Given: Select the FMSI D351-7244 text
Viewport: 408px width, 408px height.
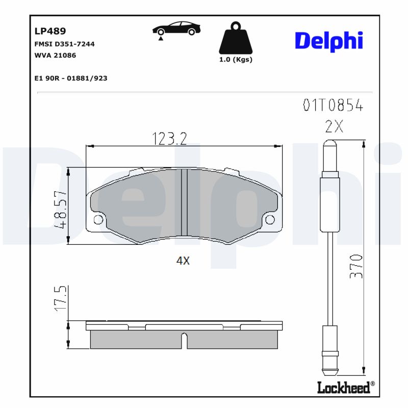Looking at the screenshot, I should click(64, 44).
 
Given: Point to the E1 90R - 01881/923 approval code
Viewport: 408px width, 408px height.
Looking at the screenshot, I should click(70, 78).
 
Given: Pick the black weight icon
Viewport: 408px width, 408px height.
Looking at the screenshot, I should click(235, 38).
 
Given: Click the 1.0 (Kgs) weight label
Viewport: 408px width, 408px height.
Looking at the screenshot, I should click(236, 60).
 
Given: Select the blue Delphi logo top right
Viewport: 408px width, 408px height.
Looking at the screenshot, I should click(329, 41).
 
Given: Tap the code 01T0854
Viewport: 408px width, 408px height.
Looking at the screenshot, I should click(333, 106).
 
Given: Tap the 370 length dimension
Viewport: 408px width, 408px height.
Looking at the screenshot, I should click(357, 265).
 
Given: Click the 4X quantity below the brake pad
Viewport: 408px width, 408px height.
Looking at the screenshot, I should click(183, 261).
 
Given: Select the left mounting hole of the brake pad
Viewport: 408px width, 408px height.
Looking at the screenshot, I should click(98, 220).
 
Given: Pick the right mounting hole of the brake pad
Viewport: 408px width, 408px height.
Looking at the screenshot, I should click(271, 220).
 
